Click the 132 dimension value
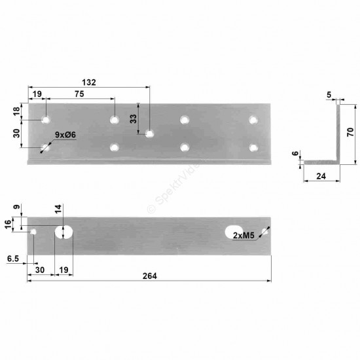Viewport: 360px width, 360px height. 89,82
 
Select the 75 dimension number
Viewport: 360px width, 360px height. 79,94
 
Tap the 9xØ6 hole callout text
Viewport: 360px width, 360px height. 65,135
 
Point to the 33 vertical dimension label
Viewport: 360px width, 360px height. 133,118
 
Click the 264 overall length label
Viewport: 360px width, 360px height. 150,276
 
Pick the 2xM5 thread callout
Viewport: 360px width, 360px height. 243,236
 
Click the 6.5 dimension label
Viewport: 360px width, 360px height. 13,259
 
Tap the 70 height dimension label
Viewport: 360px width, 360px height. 351,132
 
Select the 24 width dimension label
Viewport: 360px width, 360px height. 321,176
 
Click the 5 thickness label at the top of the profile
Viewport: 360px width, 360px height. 329,95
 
